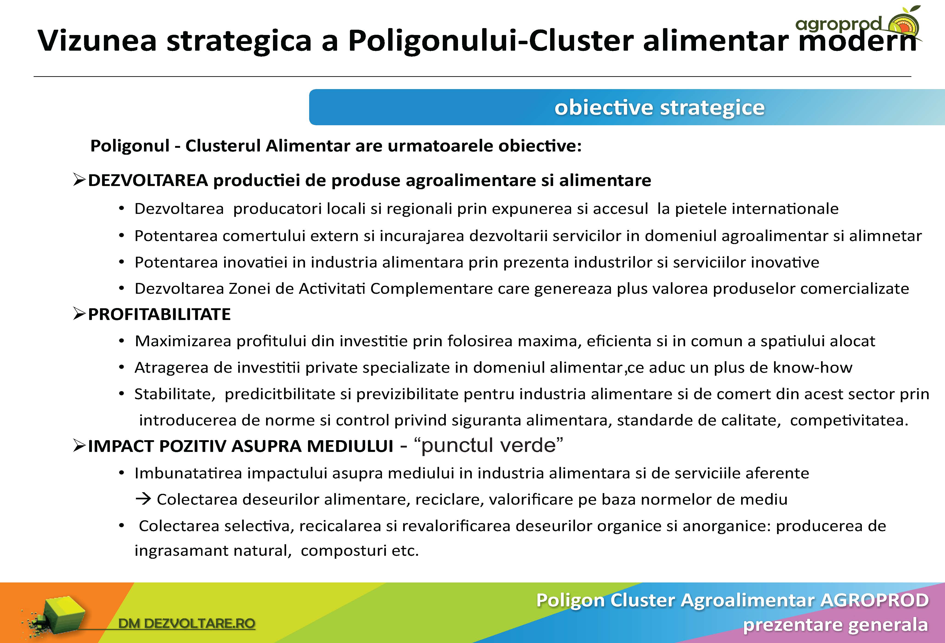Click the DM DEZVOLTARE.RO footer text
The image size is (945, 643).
[186, 623]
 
